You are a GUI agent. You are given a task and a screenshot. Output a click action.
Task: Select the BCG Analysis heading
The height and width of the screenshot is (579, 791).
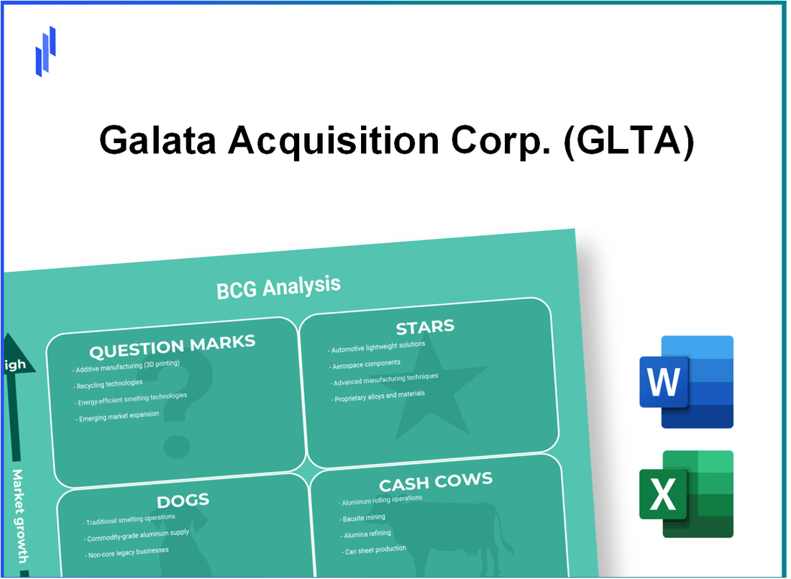point(278,287)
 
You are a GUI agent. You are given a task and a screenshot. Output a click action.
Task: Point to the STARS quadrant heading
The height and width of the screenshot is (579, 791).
point(424,328)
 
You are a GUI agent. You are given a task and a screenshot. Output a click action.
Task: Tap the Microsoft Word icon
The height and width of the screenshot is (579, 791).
point(686,381)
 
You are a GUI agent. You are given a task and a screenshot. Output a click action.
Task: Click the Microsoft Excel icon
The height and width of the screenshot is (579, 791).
point(686,493)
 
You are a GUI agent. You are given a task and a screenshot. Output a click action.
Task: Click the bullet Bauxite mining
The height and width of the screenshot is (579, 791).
point(365,518)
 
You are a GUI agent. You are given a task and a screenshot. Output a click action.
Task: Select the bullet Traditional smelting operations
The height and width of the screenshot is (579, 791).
point(130,519)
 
